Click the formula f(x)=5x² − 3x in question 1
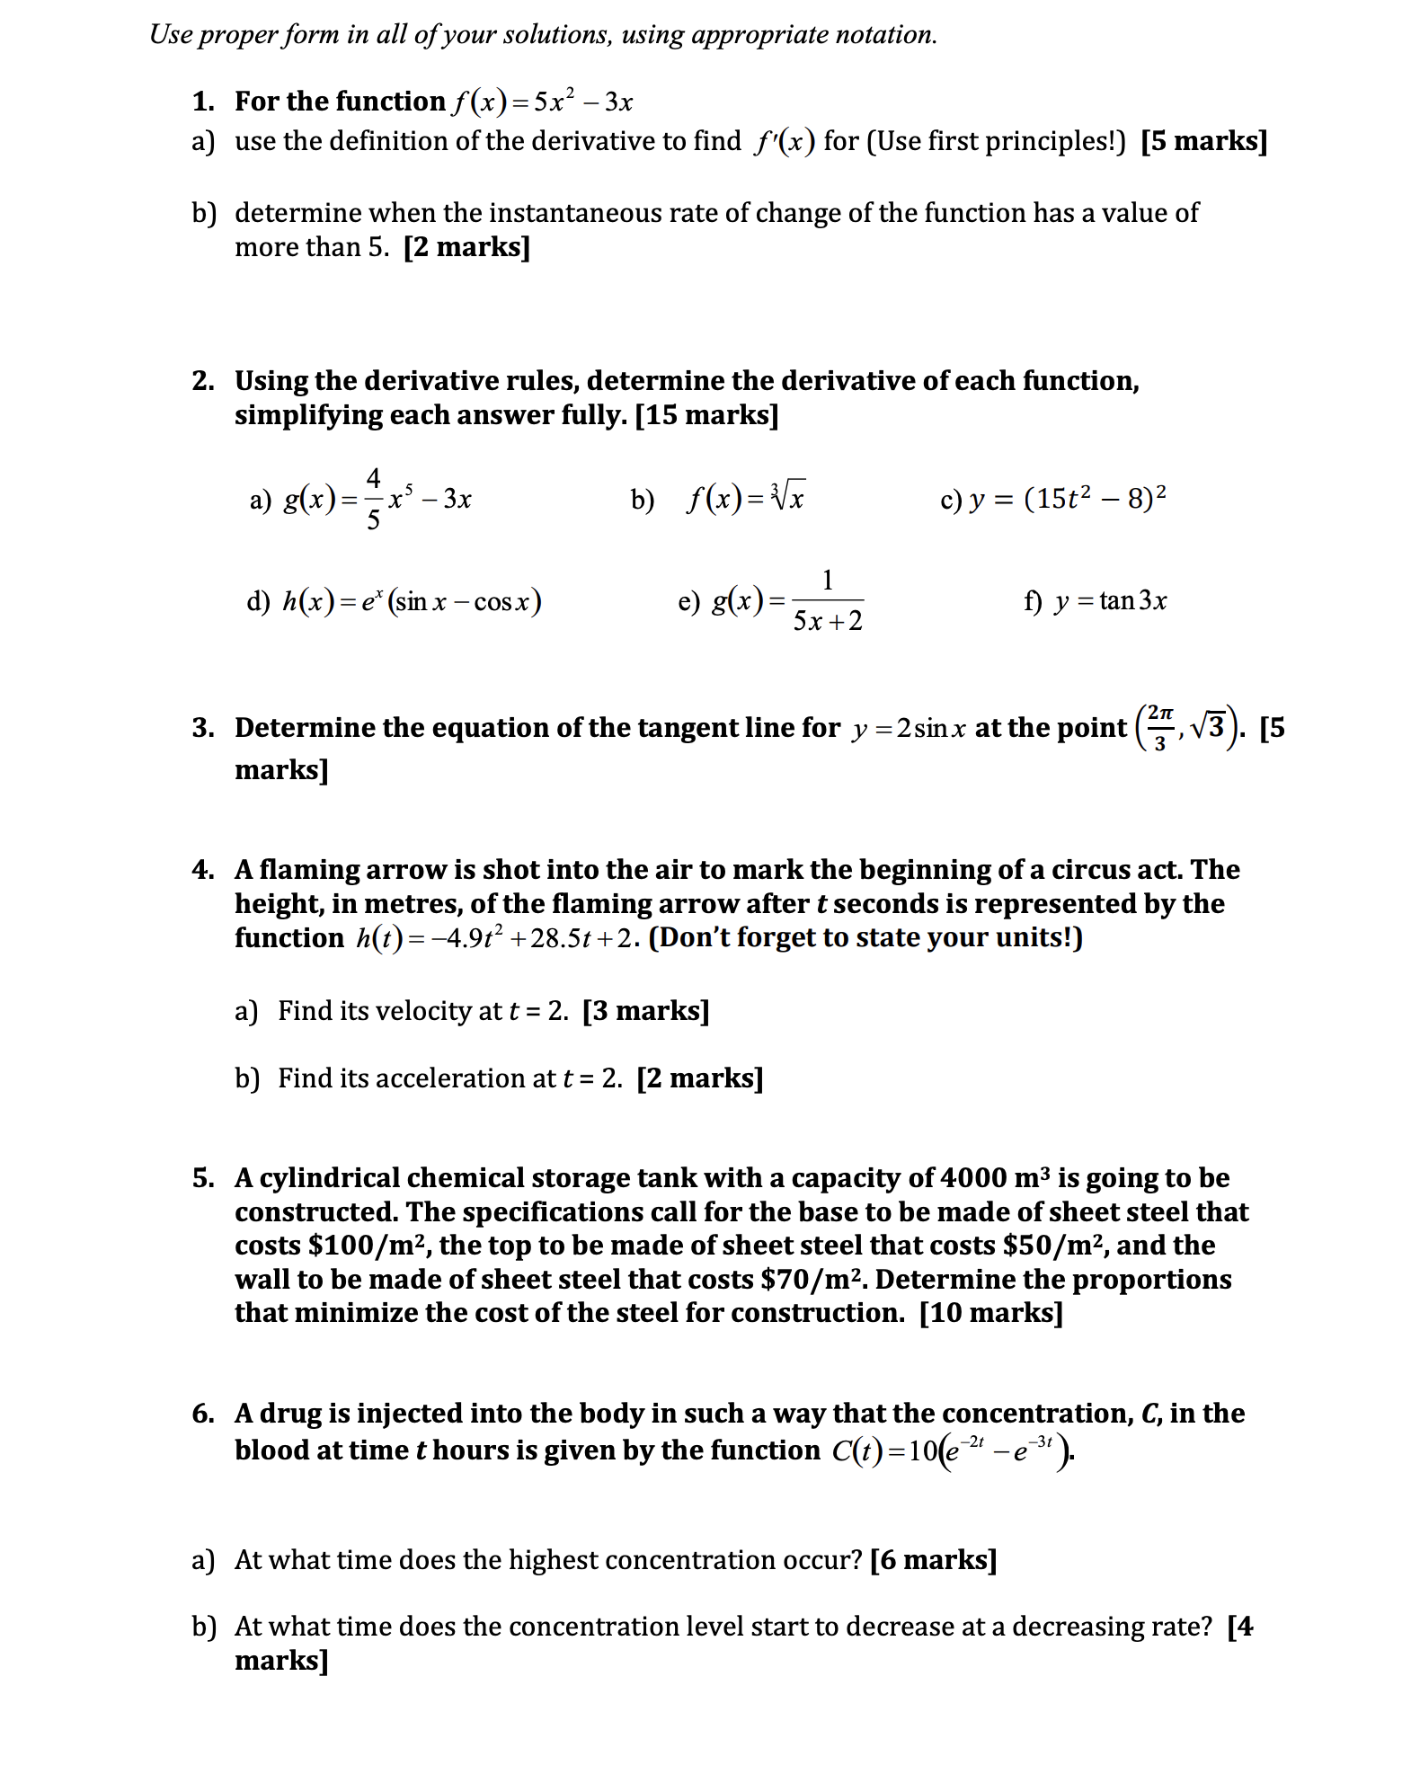[x=542, y=102]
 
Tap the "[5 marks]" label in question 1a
[x=1203, y=141]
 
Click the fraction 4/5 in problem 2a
[x=373, y=499]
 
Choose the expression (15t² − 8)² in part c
[x=1095, y=498]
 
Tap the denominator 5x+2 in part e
[x=827, y=621]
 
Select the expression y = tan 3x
[x=1111, y=600]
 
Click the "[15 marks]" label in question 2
[x=706, y=415]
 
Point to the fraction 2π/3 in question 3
[x=1159, y=728]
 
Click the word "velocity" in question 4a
[x=435, y=1011]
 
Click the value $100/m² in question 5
[x=368, y=1246]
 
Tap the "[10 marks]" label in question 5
[x=990, y=1313]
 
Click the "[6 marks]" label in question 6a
[x=933, y=1560]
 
